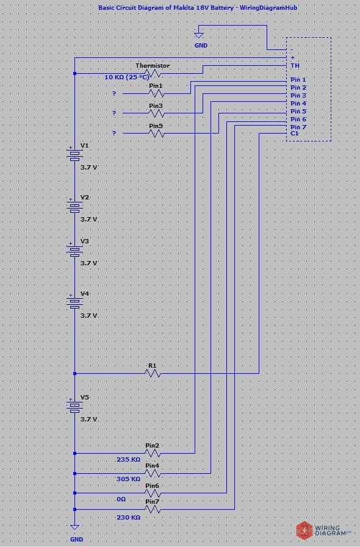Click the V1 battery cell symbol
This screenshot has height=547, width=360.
click(x=74, y=156)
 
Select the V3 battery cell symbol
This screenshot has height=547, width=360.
click(x=74, y=251)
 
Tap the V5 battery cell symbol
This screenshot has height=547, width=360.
click(x=74, y=407)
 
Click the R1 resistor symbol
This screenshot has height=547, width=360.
click(x=153, y=373)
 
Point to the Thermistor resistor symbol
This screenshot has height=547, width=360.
click(x=153, y=73)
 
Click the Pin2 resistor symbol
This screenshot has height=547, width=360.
click(x=153, y=453)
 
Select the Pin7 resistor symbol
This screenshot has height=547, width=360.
click(x=153, y=509)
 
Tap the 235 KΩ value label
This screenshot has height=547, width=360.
click(x=128, y=460)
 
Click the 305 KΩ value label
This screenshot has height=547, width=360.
click(x=128, y=479)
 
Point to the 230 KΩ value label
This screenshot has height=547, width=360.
click(x=128, y=517)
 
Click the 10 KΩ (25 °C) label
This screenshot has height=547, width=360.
click(x=127, y=77)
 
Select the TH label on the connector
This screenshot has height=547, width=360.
click(x=295, y=65)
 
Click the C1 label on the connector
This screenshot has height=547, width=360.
click(x=295, y=133)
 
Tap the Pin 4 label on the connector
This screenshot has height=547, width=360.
click(x=298, y=104)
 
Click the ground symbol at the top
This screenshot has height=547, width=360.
click(x=198, y=36)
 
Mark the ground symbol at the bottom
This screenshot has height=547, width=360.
click(x=74, y=527)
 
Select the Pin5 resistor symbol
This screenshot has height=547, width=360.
click(x=156, y=133)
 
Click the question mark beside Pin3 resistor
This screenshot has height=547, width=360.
click(x=113, y=113)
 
